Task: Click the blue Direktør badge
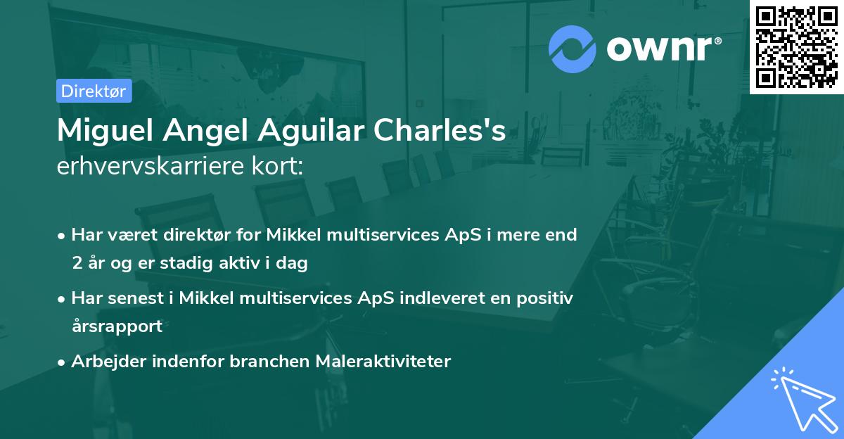[94, 91]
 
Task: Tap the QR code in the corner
[797, 47]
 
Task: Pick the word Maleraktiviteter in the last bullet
[383, 361]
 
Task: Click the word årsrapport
[117, 326]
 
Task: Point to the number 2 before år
[76, 263]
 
